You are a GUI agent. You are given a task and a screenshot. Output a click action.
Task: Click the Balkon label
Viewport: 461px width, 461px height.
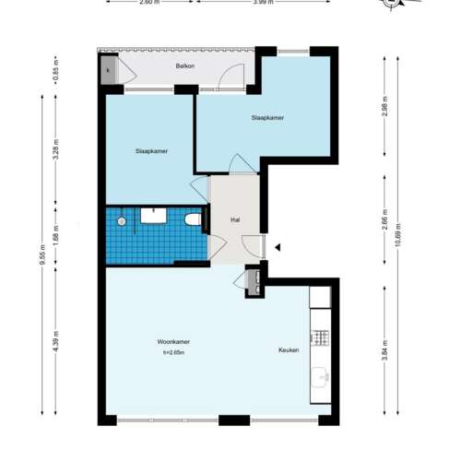click(185, 66)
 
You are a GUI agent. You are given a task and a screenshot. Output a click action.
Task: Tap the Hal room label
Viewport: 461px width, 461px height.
click(235, 219)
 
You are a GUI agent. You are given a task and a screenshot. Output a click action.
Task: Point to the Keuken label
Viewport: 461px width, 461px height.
click(290, 350)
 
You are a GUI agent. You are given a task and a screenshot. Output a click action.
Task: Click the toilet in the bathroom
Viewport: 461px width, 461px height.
click(192, 220)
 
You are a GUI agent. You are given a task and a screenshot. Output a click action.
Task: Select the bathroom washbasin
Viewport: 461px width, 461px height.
click(153, 215)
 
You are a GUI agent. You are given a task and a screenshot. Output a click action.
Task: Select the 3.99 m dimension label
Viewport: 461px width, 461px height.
click(263, 3)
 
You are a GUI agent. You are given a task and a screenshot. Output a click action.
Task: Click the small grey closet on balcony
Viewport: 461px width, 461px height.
click(109, 72)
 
